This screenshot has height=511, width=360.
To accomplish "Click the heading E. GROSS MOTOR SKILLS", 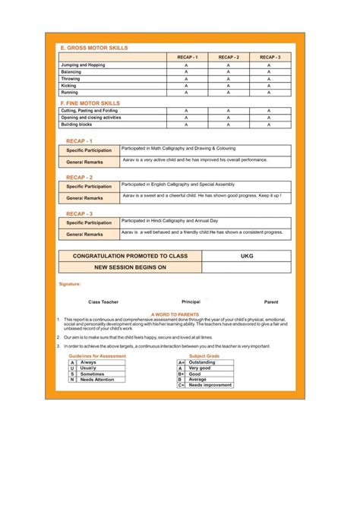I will tap(94, 48).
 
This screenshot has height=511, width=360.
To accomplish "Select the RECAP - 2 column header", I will tap(228, 57).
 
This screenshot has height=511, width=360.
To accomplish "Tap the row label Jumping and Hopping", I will tap(83, 65).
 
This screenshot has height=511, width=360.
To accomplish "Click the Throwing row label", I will tap(71, 79).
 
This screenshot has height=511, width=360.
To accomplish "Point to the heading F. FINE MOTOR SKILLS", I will tap(90, 103).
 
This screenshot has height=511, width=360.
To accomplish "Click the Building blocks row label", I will tap(76, 125).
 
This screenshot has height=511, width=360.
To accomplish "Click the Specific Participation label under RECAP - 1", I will tap(88, 150).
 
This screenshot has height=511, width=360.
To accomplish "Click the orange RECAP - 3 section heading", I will tap(79, 214).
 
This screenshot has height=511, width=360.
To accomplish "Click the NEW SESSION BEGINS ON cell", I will tap(130, 267).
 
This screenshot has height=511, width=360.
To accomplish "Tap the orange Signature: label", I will tap(70, 284).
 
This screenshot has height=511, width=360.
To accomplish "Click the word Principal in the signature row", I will tap(191, 301).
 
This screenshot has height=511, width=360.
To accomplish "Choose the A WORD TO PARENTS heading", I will tap(175, 313).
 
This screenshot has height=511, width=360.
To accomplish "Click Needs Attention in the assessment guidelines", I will tap(97, 379).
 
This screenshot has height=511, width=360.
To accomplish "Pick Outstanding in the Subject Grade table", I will tap(202, 362).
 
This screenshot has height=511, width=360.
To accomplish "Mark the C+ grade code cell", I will tap(182, 385).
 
